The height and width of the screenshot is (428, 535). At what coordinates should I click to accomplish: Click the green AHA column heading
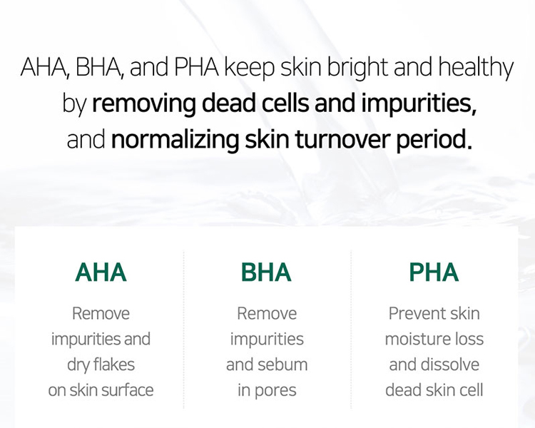(101, 272)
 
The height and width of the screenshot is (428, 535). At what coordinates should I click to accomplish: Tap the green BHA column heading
(266, 272)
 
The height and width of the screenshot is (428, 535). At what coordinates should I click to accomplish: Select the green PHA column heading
(434, 272)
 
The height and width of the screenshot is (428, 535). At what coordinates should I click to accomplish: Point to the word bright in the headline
(357, 68)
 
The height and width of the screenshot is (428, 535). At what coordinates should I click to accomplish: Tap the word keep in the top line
(249, 68)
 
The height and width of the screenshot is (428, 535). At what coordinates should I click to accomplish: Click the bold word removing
(144, 104)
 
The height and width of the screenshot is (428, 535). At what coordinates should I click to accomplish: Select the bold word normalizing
(175, 140)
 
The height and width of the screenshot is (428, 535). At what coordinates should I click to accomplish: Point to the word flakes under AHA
(113, 365)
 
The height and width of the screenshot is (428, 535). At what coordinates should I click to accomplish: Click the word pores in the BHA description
(275, 391)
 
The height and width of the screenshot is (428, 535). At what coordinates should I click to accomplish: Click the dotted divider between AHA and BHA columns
(183, 330)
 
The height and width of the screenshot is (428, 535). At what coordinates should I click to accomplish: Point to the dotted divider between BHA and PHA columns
(351, 330)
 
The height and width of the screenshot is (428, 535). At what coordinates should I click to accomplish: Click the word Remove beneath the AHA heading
(101, 313)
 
